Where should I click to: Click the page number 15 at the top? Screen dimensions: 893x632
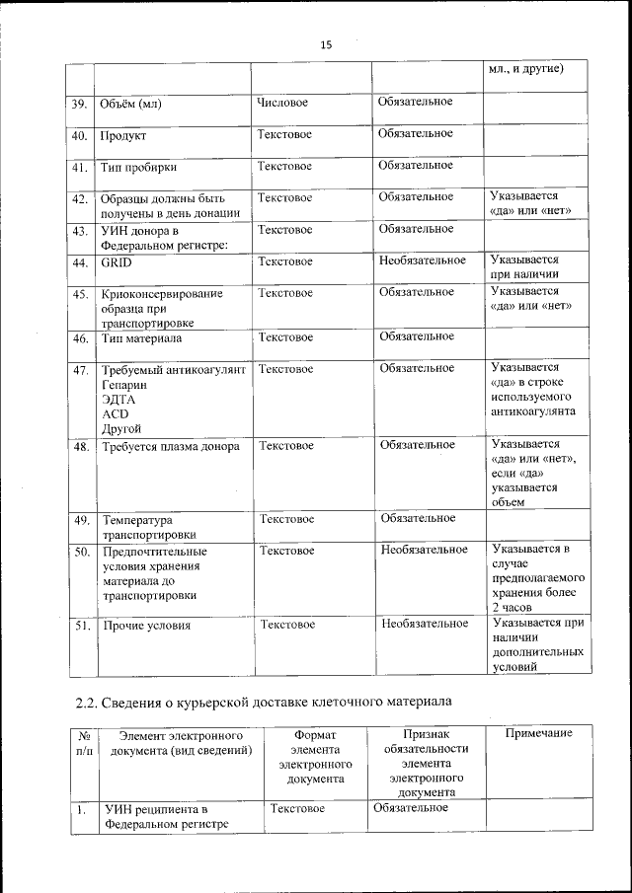click(325, 43)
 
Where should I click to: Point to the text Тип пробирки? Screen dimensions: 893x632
click(137, 167)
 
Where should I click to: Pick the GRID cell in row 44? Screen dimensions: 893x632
click(116, 262)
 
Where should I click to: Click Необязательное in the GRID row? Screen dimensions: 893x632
click(423, 260)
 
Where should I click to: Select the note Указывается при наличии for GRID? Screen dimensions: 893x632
click(524, 267)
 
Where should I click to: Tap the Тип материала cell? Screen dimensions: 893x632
click(141, 338)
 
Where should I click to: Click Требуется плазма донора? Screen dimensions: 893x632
click(170, 446)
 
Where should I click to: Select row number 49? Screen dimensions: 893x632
click(82, 520)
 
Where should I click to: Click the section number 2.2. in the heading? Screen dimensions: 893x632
click(87, 704)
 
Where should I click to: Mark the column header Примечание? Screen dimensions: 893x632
click(539, 734)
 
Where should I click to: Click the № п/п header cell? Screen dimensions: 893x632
click(85, 743)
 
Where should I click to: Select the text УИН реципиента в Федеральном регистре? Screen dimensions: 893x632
click(166, 816)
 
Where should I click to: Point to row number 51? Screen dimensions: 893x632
click(83, 626)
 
